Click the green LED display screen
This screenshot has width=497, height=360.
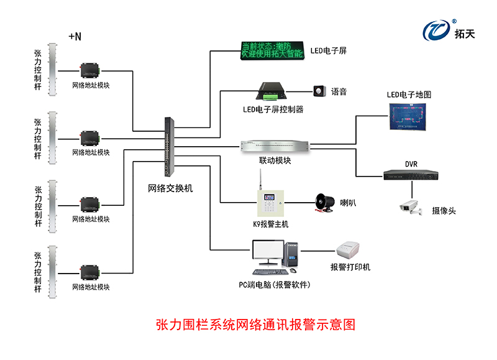[x=272, y=51]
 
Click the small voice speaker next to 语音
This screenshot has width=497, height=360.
[x=320, y=91]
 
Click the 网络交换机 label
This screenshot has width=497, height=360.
[x=170, y=187]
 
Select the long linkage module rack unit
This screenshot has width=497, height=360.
[x=275, y=146]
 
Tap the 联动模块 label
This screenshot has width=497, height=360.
[x=275, y=160]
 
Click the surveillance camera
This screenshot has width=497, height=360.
[x=411, y=207]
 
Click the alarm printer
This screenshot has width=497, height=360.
[x=350, y=251]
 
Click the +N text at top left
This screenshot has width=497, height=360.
[x=75, y=37]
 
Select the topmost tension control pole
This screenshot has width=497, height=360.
[x=52, y=70]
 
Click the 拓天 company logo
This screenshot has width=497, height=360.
[x=448, y=29]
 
